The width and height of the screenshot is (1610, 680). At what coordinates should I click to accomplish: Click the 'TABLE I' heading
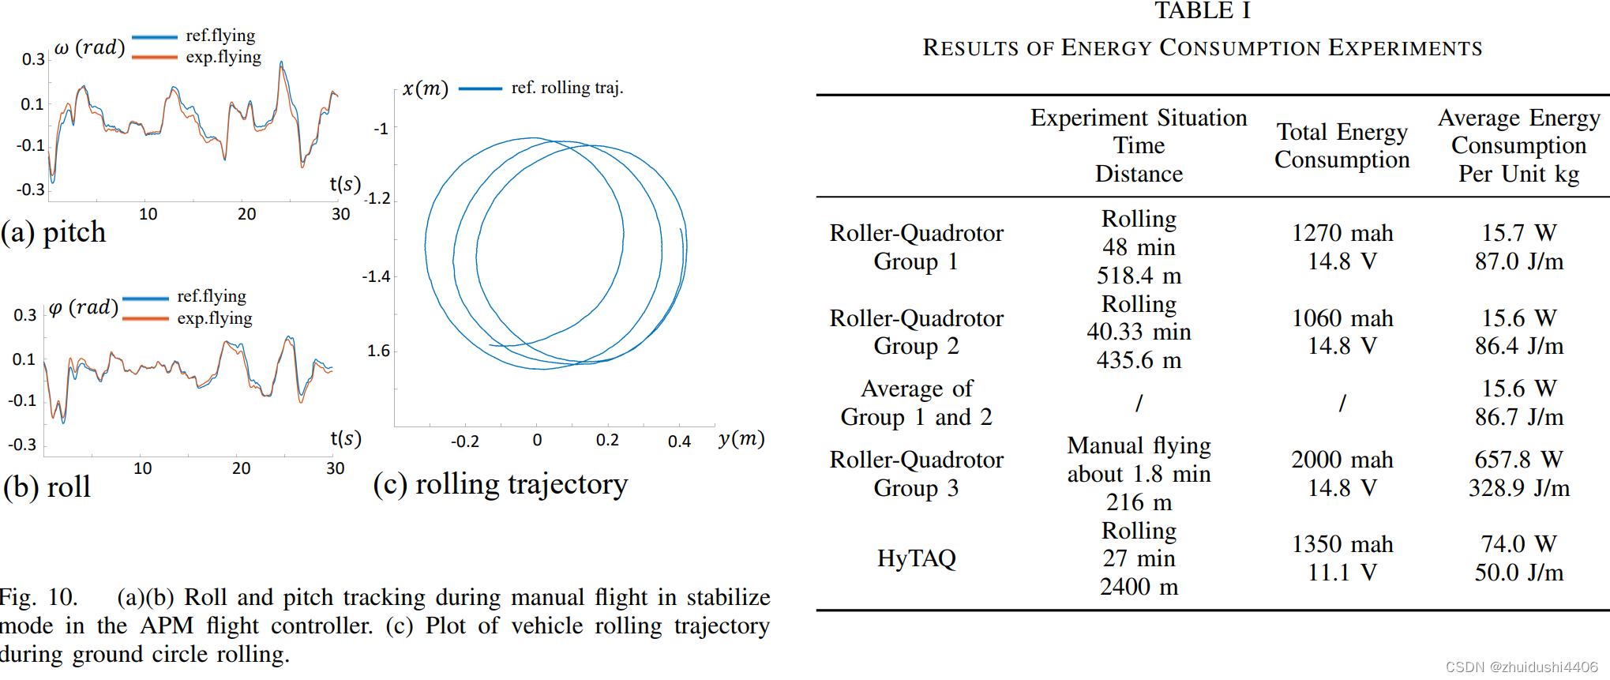(1202, 11)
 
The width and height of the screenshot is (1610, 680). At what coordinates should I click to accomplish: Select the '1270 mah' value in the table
(1342, 233)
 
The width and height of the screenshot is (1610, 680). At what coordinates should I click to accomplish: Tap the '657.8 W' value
(1518, 460)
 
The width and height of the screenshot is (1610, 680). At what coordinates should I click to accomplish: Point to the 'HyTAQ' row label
(916, 558)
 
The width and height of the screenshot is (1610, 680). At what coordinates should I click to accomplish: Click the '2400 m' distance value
(1139, 587)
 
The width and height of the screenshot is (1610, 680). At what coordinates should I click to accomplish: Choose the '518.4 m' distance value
(1139, 276)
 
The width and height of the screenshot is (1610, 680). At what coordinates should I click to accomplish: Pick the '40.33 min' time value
(1139, 332)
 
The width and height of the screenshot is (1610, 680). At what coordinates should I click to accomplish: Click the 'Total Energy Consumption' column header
(1342, 145)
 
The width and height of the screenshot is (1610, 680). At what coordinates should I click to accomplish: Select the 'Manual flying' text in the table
(1139, 446)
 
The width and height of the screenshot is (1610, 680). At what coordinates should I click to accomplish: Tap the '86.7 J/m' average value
(1518, 417)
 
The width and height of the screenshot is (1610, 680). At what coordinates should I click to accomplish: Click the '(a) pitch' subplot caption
(54, 232)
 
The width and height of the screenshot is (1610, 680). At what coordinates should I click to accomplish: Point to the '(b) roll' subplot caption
(47, 487)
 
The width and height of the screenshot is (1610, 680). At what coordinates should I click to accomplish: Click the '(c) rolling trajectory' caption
(501, 484)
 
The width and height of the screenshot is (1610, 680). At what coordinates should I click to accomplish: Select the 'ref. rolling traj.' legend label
(567, 88)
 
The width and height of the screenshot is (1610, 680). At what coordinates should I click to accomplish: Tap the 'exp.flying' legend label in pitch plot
(223, 57)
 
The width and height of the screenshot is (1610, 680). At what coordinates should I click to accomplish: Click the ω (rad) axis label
(89, 47)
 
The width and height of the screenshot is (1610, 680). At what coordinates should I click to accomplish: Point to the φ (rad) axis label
(83, 307)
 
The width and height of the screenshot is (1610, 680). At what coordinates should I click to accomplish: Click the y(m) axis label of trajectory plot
(741, 438)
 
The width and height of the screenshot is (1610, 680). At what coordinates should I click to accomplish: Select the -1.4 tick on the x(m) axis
(376, 276)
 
